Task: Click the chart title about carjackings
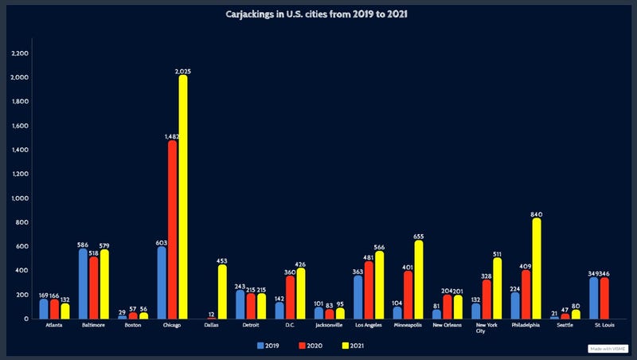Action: (x=318, y=14)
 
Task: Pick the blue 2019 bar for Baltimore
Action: (x=84, y=284)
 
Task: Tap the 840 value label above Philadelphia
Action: (x=537, y=214)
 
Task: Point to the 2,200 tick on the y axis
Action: (x=21, y=53)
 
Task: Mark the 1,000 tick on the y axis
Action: (x=21, y=198)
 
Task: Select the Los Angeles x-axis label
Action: (x=368, y=325)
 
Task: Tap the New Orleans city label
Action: (x=447, y=325)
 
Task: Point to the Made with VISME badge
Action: (x=607, y=348)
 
